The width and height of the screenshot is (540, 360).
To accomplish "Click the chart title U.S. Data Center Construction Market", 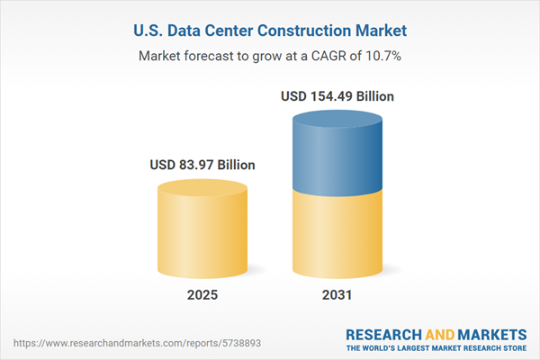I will (270, 31).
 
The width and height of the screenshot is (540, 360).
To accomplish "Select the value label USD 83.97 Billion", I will (202, 166).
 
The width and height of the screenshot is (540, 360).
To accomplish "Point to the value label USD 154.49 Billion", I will (337, 95).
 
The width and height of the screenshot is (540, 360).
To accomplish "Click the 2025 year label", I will (202, 296).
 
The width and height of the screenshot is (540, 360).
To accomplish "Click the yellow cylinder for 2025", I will (202, 229).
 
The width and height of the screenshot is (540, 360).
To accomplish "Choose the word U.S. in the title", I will (148, 31).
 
